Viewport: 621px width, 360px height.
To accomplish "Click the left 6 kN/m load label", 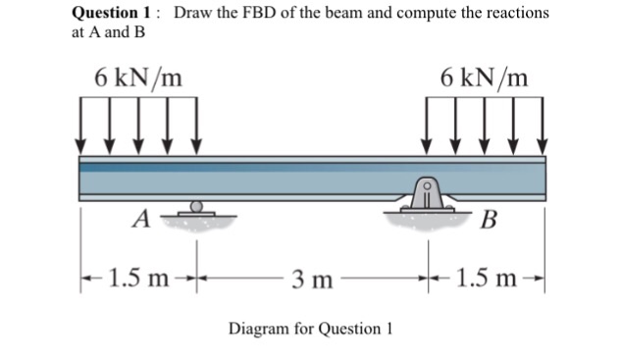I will click(137, 77).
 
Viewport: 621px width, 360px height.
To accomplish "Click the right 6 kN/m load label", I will click(484, 77).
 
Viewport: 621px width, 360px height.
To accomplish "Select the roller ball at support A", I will click(197, 207).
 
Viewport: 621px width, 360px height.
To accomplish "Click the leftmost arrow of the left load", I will click(79, 128).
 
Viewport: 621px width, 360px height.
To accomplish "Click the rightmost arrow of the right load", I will click(542, 128).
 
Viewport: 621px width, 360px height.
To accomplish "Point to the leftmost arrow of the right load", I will click(428, 128).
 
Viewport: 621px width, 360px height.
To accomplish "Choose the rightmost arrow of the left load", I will click(197, 128).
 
